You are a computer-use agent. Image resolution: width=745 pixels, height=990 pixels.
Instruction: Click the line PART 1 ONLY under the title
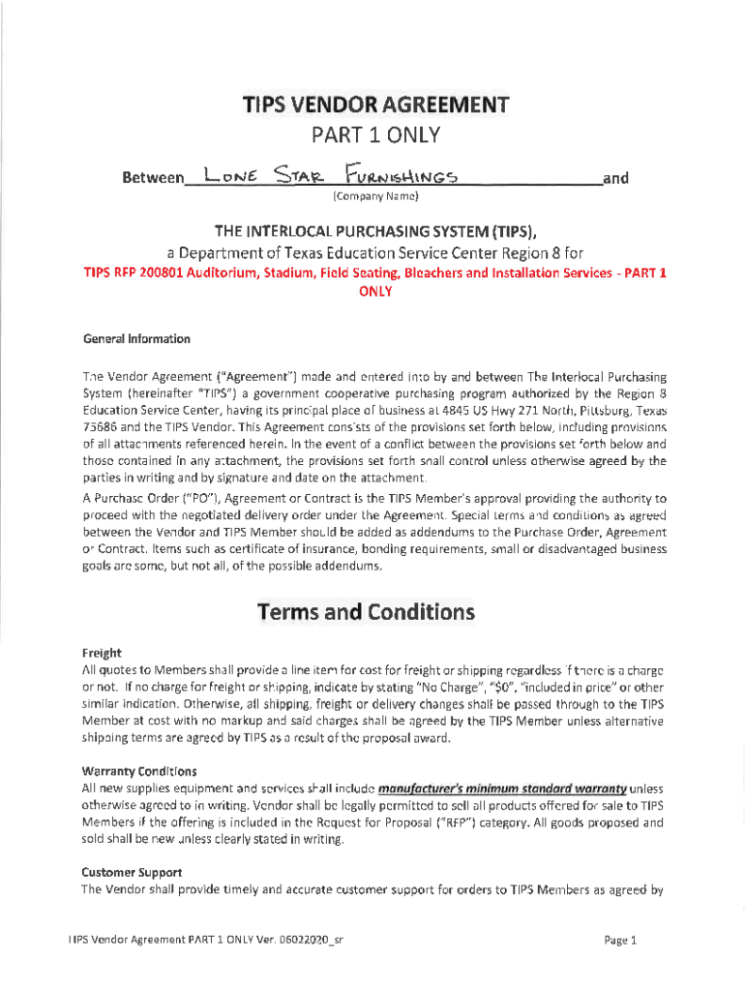coord(373,137)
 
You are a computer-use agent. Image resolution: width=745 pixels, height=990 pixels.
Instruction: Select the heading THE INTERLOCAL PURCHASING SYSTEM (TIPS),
coord(373,231)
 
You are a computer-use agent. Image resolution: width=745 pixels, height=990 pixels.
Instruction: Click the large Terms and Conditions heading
coord(365,612)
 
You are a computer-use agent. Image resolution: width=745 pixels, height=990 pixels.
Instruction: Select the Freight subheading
coord(101,653)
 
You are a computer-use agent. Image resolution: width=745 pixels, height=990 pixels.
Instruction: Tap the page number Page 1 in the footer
coord(619,939)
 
